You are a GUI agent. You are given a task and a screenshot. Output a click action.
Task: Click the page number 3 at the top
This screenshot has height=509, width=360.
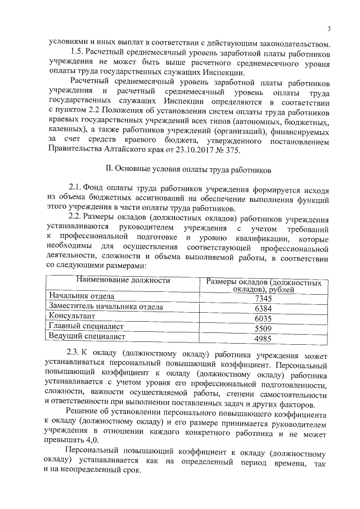click(329, 29)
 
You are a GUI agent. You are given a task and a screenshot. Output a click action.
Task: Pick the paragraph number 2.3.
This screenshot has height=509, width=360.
click(75, 353)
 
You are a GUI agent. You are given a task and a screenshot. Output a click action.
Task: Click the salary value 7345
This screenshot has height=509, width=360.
click(263, 299)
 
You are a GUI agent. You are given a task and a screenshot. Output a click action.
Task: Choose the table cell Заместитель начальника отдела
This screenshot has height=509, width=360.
click(106, 307)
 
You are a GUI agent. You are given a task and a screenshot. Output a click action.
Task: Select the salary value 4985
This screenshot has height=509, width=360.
click(263, 339)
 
